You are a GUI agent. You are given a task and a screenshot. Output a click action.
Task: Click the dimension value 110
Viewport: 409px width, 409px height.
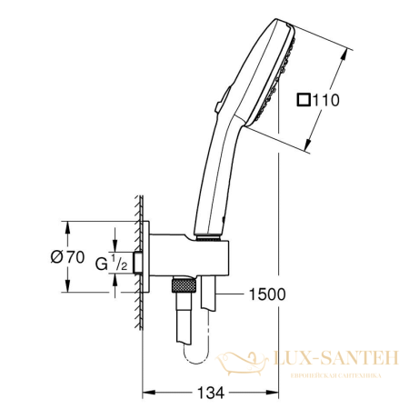[x=326, y=101]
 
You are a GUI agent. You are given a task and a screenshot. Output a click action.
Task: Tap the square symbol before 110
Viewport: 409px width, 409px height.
[x=304, y=101]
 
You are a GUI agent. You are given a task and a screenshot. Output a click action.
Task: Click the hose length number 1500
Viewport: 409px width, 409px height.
[x=266, y=293]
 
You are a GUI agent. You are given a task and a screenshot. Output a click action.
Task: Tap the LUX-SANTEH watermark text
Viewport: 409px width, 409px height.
[x=334, y=361]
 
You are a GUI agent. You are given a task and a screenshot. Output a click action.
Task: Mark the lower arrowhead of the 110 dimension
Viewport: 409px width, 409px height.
[x=311, y=149]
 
